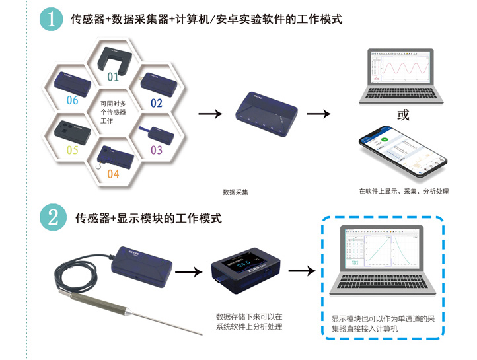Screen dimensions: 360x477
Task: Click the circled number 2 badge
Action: [53, 217]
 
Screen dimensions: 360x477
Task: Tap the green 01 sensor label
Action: [113, 77]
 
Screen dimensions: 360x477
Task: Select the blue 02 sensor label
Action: [156, 103]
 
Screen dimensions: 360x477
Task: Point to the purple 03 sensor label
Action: [156, 150]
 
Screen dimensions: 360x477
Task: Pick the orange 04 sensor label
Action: [113, 174]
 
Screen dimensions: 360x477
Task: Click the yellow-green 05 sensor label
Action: [71, 150]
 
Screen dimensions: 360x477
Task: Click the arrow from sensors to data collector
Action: [211, 114]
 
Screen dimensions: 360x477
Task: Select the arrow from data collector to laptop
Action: [318, 114]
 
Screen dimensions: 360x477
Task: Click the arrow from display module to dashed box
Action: [302, 271]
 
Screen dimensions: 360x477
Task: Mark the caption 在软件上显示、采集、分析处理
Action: [404, 192]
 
